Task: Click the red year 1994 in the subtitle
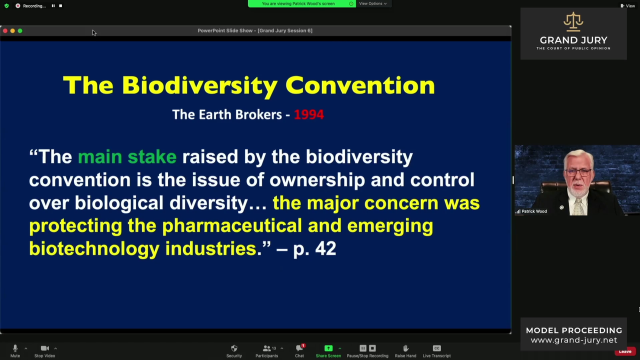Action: (309, 114)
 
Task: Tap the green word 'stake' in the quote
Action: (152, 157)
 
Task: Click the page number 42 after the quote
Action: (325, 248)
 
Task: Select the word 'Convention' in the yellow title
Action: (360, 85)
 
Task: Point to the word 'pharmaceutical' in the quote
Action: (231, 225)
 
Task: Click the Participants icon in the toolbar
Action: (266, 348)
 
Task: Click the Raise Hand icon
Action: (405, 348)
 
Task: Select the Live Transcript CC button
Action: (436, 348)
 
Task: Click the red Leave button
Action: (625, 351)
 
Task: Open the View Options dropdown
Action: (373, 3)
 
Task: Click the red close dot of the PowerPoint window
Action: (5, 31)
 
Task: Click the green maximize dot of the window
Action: (20, 31)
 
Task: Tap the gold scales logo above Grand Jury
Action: (573, 21)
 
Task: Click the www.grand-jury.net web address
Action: (573, 340)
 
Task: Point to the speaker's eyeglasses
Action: (578, 172)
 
